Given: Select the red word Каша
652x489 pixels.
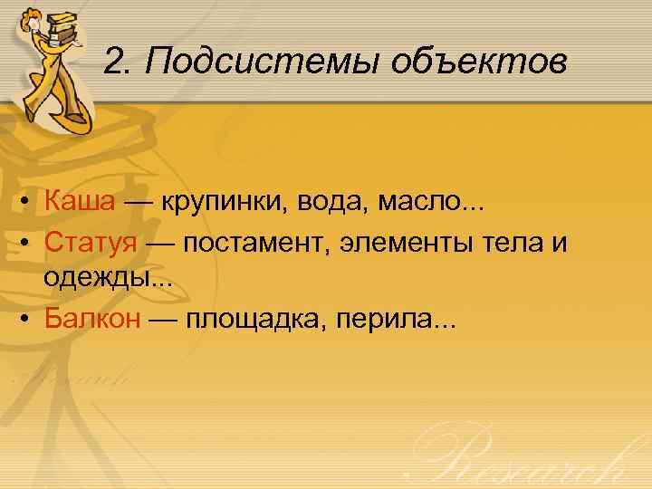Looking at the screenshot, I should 80,203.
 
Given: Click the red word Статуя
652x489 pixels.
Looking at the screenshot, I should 91,243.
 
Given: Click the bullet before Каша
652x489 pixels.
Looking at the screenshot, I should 30,204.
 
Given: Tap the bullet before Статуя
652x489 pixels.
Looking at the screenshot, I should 30,244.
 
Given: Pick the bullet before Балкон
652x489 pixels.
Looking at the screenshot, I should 30,321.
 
